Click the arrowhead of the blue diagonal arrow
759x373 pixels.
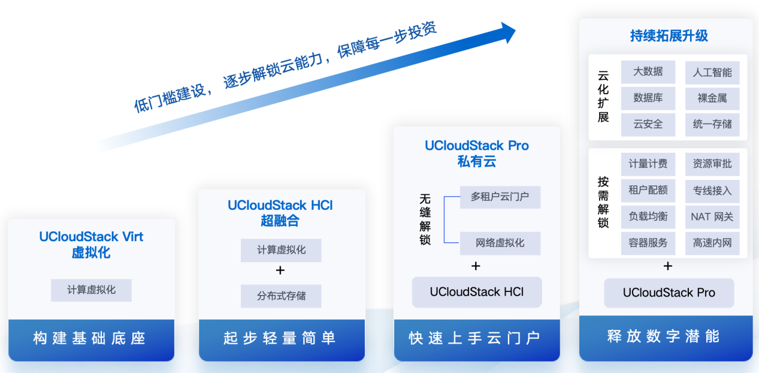point(508,32)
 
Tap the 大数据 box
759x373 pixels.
point(648,72)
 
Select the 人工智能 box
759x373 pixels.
point(712,73)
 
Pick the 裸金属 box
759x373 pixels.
point(712,98)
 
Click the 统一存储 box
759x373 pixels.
point(712,125)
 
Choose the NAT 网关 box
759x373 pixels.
point(712,216)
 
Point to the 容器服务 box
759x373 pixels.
point(648,243)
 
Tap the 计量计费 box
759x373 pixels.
point(648,164)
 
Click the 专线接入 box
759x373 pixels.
point(712,191)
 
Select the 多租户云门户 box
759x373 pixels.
point(500,197)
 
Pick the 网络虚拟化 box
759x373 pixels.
point(500,243)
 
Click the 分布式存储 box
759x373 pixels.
point(281,296)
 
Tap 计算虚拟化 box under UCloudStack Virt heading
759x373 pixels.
point(91,290)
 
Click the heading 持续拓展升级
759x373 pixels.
point(669,36)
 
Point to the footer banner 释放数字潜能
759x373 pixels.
point(666,338)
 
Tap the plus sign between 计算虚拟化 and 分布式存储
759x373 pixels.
point(280,270)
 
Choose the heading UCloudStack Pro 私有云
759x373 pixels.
point(477,154)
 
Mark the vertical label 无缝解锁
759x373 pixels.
point(425,219)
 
